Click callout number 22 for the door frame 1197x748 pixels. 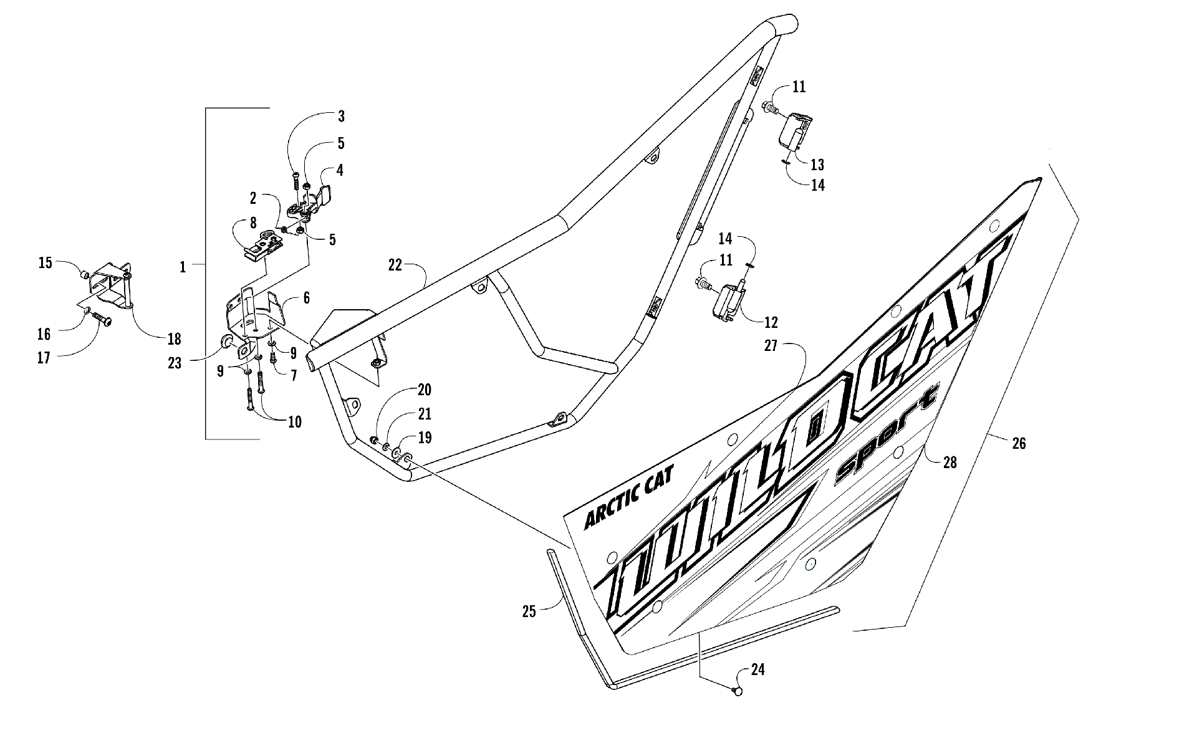pyautogui.click(x=395, y=265)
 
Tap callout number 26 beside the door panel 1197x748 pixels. pyautogui.click(x=1019, y=444)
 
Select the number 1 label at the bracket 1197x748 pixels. pyautogui.click(x=183, y=267)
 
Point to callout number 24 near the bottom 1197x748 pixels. pyautogui.click(x=757, y=670)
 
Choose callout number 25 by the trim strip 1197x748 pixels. pyautogui.click(x=529, y=612)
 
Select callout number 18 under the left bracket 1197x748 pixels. pyautogui.click(x=174, y=338)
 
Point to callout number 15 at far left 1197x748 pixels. pyautogui.click(x=46, y=262)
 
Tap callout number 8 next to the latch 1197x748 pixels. pyautogui.click(x=253, y=223)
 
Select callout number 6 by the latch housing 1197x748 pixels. pyautogui.click(x=306, y=298)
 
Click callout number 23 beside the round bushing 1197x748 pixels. pyautogui.click(x=175, y=362)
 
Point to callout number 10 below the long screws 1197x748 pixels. pyautogui.click(x=294, y=422)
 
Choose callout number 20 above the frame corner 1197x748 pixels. pyautogui.click(x=424, y=390)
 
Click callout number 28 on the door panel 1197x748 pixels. pyautogui.click(x=949, y=462)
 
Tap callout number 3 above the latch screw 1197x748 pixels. pyautogui.click(x=341, y=116)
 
